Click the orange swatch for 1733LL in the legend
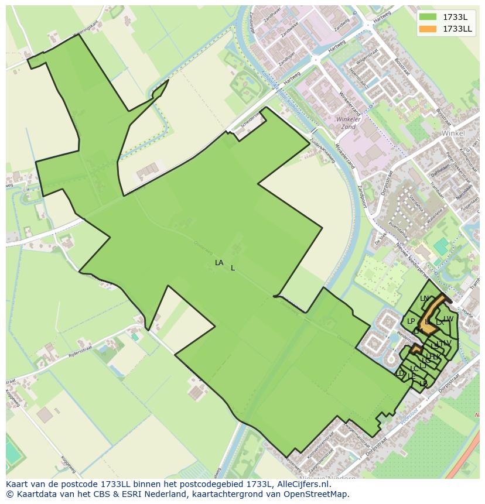[x=428, y=29]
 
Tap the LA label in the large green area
[x=219, y=263]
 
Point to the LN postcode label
[x=424, y=299]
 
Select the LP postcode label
[x=411, y=321]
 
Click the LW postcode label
[x=449, y=319]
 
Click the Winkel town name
[x=453, y=133]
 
